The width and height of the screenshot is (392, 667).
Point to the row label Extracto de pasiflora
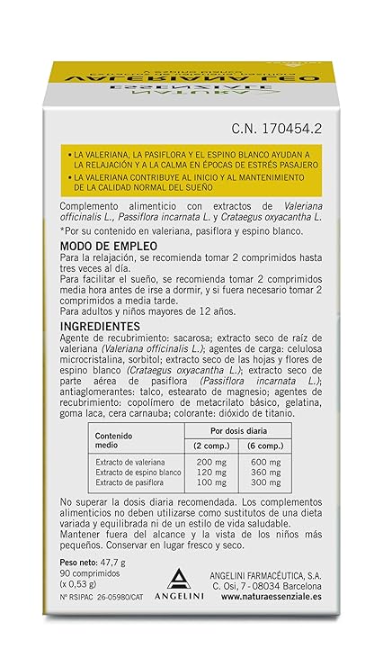click(132, 483)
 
